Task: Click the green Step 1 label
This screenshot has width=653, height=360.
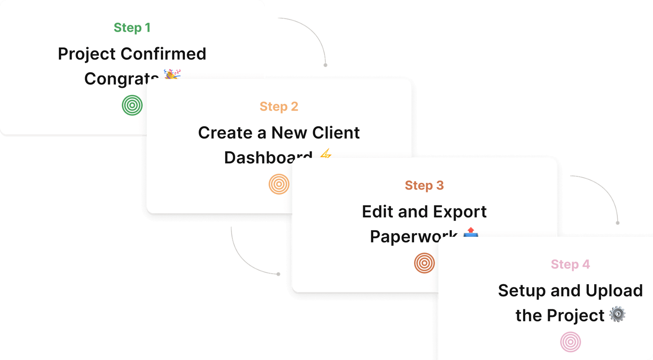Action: pyautogui.click(x=132, y=28)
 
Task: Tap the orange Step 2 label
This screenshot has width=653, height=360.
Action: pyautogui.click(x=279, y=107)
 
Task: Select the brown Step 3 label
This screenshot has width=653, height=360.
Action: pyautogui.click(x=424, y=185)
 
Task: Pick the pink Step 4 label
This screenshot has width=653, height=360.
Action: pyautogui.click(x=570, y=264)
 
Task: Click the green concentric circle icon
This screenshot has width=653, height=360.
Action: pyautogui.click(x=132, y=105)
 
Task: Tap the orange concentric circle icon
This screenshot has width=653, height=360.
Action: pyautogui.click(x=279, y=184)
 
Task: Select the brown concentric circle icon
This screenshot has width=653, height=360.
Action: pyautogui.click(x=424, y=263)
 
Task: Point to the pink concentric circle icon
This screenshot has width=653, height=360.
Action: pyautogui.click(x=570, y=342)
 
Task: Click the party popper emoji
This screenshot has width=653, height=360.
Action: pyautogui.click(x=172, y=75)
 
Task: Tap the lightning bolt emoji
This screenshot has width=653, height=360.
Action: pyautogui.click(x=326, y=154)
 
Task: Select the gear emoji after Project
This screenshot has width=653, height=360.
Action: pyautogui.click(x=617, y=315)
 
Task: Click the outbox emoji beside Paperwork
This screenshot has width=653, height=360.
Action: pyautogui.click(x=470, y=232)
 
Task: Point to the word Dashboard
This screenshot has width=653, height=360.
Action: pyautogui.click(x=268, y=157)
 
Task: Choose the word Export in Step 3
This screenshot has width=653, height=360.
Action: pyautogui.click(x=460, y=212)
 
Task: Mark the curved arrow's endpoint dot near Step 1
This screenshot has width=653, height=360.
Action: pyautogui.click(x=325, y=65)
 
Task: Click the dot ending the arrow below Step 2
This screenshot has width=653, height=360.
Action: pyautogui.click(x=279, y=274)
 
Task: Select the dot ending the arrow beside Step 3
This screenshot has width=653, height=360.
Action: pyautogui.click(x=618, y=223)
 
